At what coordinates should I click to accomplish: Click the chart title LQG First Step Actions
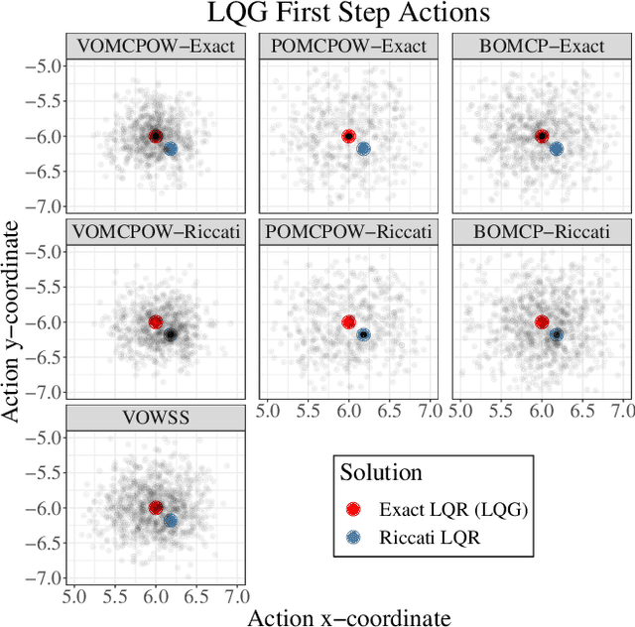(348, 14)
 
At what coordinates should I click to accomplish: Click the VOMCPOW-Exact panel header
(154, 46)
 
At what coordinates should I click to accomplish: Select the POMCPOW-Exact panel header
(347, 46)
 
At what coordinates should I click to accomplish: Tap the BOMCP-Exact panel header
(541, 46)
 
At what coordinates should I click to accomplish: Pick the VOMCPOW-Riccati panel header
(154, 232)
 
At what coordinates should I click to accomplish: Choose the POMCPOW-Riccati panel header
(347, 232)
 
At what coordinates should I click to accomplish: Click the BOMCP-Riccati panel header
(541, 232)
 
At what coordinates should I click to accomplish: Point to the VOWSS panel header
(154, 418)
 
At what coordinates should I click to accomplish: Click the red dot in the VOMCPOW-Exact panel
(155, 136)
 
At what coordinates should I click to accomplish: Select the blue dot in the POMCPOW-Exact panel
(363, 149)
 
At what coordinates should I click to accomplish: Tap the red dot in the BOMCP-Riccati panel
(542, 321)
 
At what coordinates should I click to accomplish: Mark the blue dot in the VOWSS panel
(170, 520)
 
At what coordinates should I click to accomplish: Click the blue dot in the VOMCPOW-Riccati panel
(170, 334)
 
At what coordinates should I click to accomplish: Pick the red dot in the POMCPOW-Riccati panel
(348, 321)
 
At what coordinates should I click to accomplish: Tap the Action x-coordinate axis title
(347, 617)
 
